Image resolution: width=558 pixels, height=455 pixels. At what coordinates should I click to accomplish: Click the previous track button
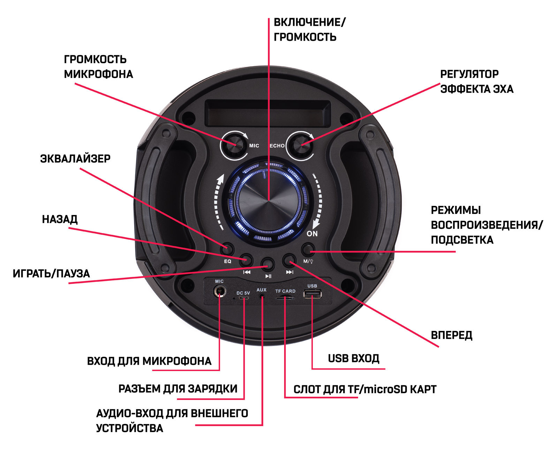(246, 260)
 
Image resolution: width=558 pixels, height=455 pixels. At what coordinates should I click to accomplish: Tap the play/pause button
(268, 264)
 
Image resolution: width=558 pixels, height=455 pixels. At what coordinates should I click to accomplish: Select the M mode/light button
(308, 249)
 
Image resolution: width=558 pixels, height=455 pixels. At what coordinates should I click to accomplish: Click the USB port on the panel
(312, 294)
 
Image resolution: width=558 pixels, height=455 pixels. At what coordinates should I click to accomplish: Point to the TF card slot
(285, 298)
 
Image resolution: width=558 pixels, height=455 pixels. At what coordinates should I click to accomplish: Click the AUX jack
(262, 296)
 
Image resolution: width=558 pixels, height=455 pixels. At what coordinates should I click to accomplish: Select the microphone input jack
(219, 291)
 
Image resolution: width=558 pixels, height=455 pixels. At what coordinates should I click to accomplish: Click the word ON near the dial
(312, 234)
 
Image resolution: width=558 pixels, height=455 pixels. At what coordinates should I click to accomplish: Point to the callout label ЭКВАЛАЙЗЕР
(75, 159)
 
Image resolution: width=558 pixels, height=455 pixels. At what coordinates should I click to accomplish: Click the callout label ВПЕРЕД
(452, 335)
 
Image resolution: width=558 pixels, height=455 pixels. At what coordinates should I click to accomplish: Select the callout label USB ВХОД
(353, 358)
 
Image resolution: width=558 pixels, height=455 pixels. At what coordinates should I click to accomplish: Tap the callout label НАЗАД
(60, 219)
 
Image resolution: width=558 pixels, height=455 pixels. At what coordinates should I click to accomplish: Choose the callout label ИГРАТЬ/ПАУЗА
(51, 273)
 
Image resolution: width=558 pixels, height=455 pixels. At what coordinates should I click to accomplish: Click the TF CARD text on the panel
(285, 291)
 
